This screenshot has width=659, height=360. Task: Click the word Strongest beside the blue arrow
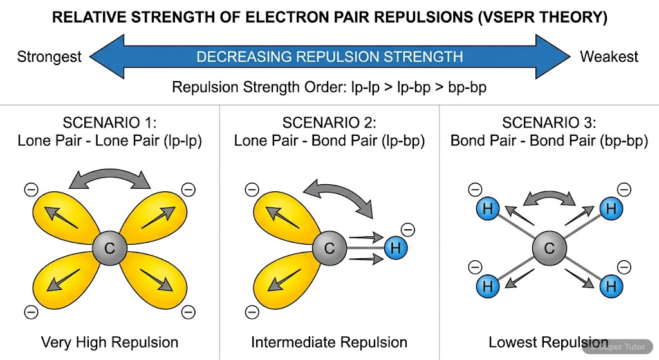pyautogui.click(x=49, y=57)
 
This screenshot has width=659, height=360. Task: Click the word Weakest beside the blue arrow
pyautogui.click(x=609, y=57)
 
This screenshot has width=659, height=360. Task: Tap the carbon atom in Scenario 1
pyautogui.click(x=109, y=248)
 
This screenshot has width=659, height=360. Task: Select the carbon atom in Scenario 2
pyautogui.click(x=329, y=248)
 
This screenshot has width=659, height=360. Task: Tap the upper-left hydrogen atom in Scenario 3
pyautogui.click(x=487, y=209)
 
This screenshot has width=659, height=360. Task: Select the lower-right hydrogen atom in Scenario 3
pyautogui.click(x=610, y=286)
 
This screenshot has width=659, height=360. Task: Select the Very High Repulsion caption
pyautogui.click(x=109, y=342)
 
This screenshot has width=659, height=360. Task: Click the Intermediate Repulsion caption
pyautogui.click(x=329, y=342)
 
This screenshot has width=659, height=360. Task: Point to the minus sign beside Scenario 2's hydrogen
pyautogui.click(x=408, y=227)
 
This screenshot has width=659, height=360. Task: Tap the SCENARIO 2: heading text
pyautogui.click(x=329, y=123)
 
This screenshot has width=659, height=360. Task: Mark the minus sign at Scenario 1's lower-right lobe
pyautogui.click(x=188, y=312)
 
